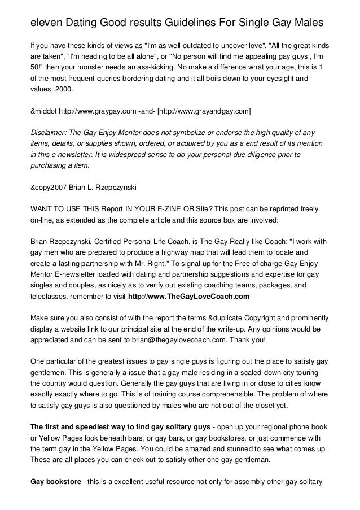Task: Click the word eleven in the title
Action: pyautogui.click(x=46, y=23)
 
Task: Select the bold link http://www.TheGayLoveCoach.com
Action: pyautogui.click(x=188, y=295)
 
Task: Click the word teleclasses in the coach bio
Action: pyautogui.click(x=50, y=295)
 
